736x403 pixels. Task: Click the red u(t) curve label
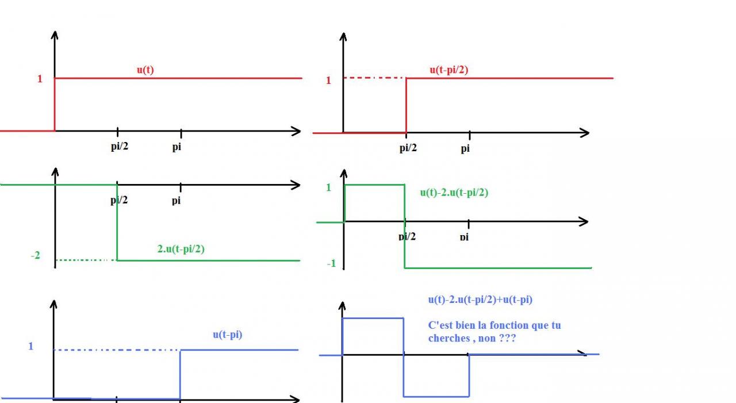[145, 70]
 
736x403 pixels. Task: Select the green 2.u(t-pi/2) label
[181, 250]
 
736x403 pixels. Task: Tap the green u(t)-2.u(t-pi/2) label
[454, 193]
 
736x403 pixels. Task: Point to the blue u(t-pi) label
[227, 335]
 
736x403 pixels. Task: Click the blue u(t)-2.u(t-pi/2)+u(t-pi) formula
[480, 300]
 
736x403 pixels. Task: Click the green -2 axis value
[36, 255]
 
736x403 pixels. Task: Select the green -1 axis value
[331, 264]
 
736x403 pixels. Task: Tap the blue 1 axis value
[31, 347]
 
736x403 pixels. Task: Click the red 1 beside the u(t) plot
[40, 79]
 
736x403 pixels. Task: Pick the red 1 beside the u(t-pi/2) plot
[328, 80]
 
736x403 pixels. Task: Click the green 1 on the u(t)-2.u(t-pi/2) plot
[328, 187]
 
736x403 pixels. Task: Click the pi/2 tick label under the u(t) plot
[120, 147]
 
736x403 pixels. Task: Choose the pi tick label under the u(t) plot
[177, 147]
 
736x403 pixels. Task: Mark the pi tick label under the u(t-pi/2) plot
[465, 149]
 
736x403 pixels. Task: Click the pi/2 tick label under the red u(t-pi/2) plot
[408, 148]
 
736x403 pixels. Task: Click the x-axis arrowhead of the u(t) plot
[296, 131]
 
